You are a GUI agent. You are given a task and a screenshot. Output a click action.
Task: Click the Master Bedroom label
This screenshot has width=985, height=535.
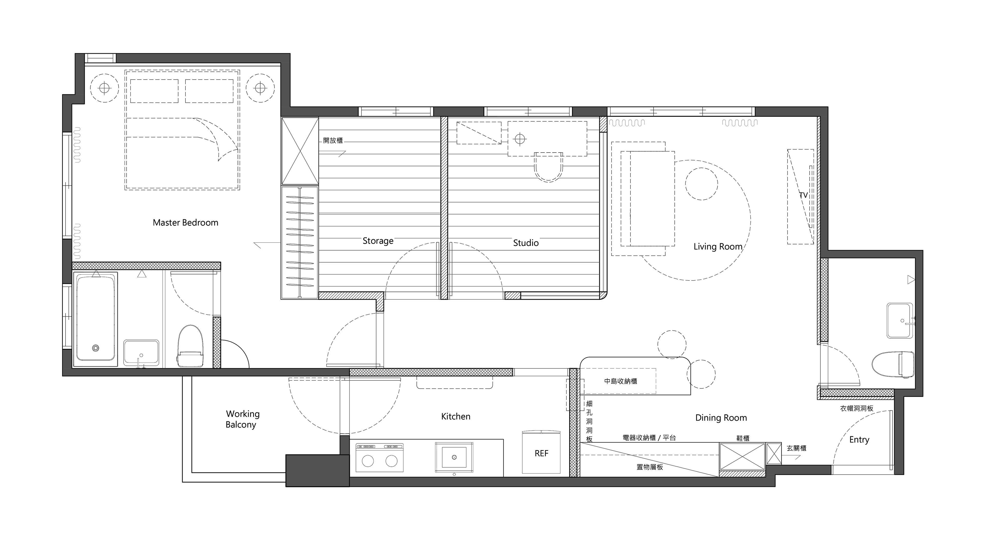pyautogui.click(x=185, y=223)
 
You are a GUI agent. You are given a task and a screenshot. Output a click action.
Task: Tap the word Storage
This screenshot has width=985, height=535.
pyautogui.click(x=378, y=241)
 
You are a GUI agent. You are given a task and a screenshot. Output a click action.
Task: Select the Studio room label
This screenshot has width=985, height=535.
pyautogui.click(x=526, y=243)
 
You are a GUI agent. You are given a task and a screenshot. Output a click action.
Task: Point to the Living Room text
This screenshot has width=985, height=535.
pyautogui.click(x=718, y=247)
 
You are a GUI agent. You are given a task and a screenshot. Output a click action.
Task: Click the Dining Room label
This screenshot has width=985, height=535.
pyautogui.click(x=721, y=418)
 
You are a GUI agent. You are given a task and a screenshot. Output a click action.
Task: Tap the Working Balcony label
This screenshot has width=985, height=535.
pyautogui.click(x=242, y=419)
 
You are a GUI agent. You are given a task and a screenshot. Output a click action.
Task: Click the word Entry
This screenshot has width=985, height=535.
pyautogui.click(x=859, y=440)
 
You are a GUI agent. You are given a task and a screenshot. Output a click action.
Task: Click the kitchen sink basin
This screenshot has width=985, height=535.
pyautogui.click(x=454, y=457)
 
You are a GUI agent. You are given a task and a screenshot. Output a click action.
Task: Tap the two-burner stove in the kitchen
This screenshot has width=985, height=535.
pyautogui.click(x=379, y=457)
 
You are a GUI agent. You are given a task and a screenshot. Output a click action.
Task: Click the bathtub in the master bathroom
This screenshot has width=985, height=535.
pyautogui.click(x=96, y=318)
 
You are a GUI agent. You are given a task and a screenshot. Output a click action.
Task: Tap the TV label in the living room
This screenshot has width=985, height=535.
pyautogui.click(x=803, y=195)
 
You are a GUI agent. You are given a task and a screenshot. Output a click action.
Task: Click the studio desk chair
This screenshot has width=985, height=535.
pyautogui.click(x=549, y=167)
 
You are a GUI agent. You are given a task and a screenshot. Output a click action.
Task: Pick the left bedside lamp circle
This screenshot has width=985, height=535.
pyautogui.click(x=104, y=88)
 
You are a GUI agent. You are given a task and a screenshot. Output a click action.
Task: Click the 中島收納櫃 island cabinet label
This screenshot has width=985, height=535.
pyautogui.click(x=620, y=381)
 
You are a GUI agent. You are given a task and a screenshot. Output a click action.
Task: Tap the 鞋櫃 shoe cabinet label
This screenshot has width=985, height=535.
pyautogui.click(x=743, y=438)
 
